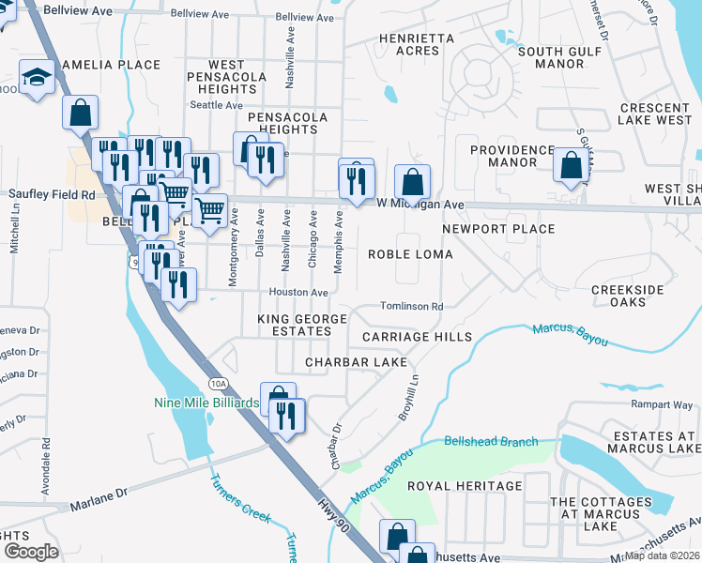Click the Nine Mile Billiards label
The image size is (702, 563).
206,403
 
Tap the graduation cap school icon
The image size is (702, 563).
38,77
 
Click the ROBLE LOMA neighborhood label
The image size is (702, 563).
410,254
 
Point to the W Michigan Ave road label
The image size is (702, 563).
420,204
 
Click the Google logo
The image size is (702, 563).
31,552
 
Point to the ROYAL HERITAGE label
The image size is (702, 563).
465,486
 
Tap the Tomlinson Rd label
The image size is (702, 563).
411,306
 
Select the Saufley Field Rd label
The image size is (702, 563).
52,194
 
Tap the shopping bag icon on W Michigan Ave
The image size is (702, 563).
411,182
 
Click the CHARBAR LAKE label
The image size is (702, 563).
356,361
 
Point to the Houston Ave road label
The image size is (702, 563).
298,293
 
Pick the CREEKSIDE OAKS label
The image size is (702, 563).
627,296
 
